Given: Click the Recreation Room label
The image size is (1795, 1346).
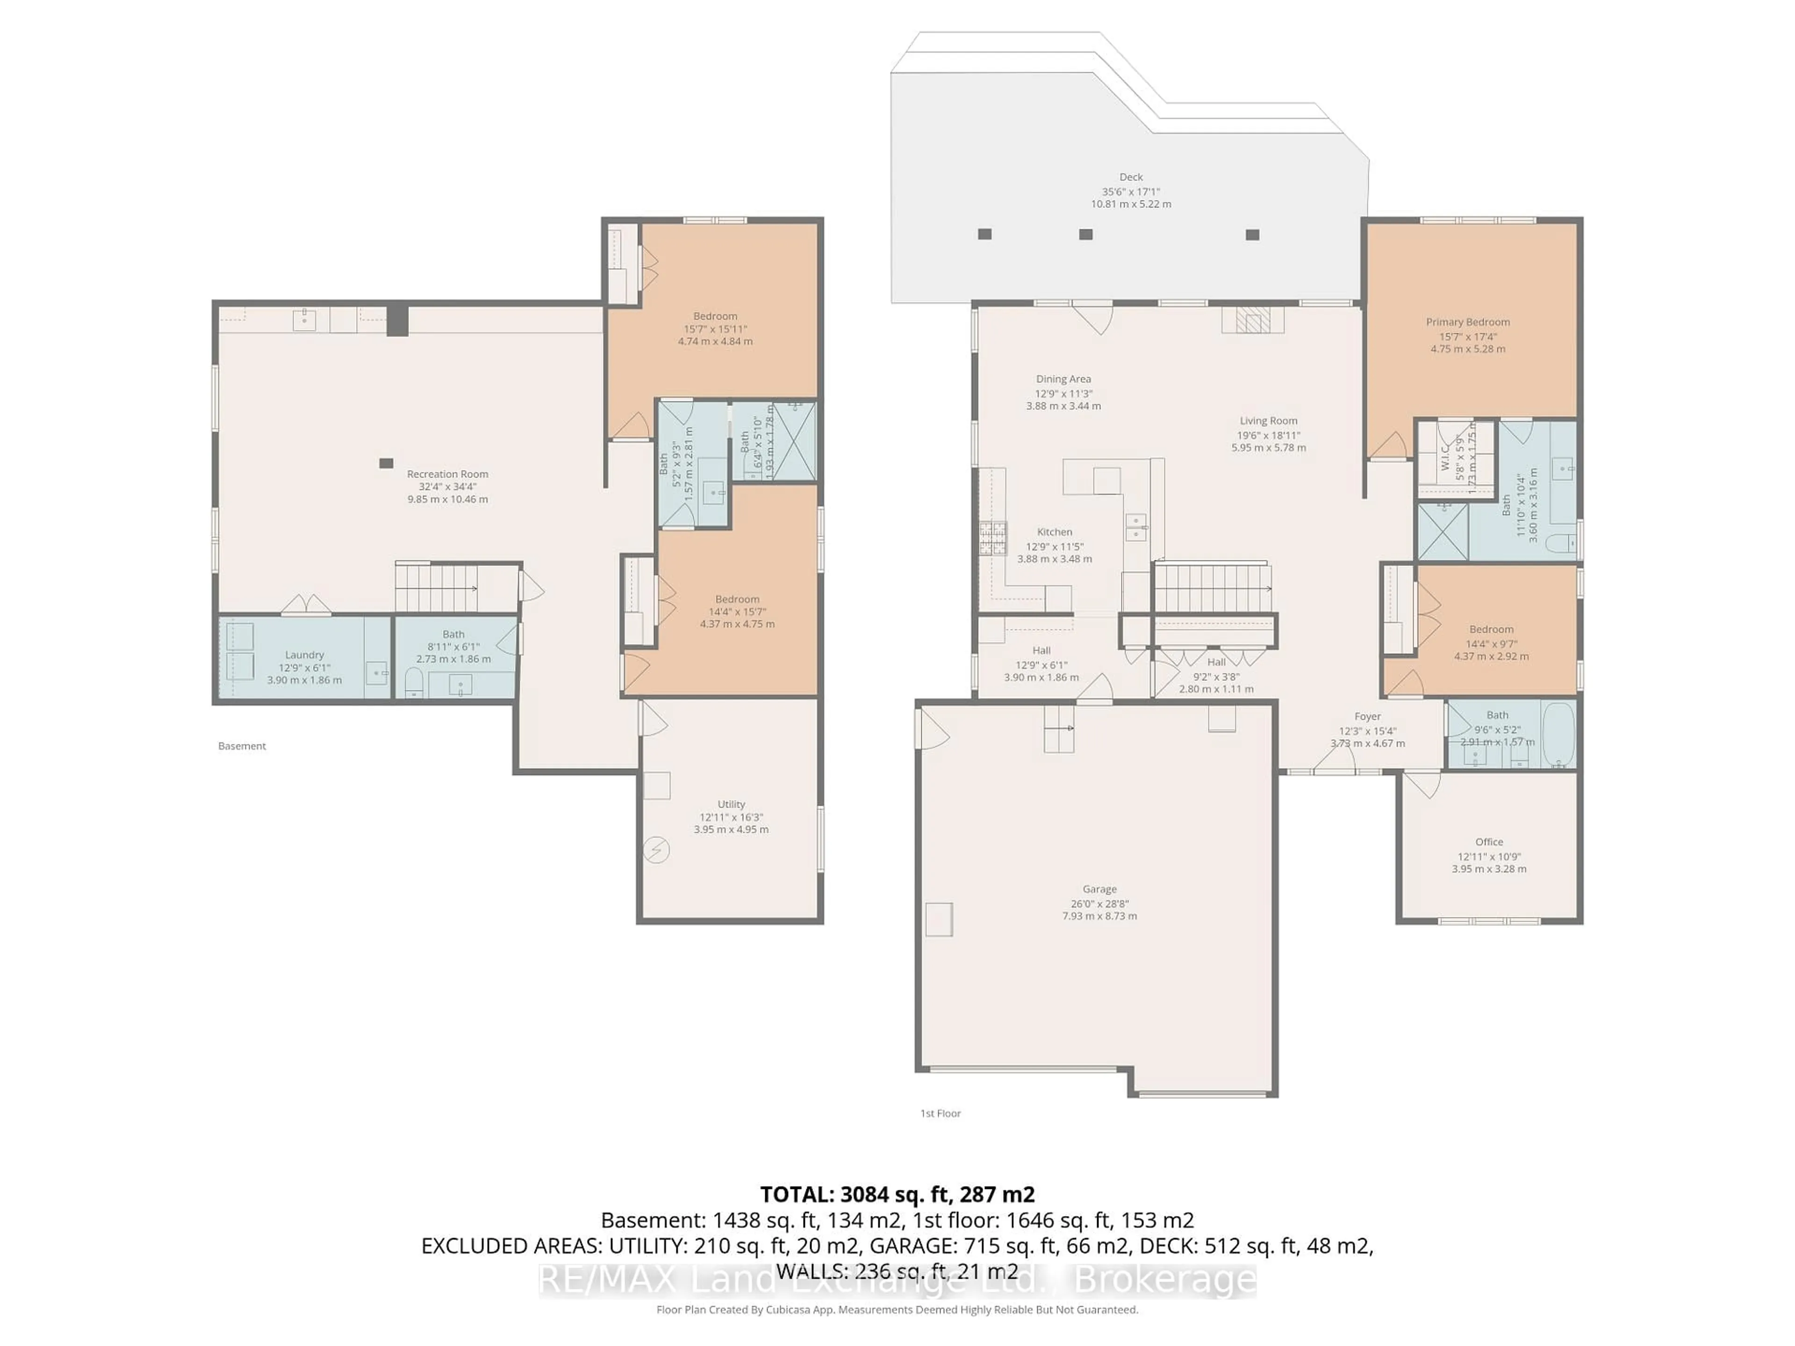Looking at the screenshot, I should coord(447,474).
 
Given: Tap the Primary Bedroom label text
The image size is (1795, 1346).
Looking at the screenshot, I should coord(1467,322).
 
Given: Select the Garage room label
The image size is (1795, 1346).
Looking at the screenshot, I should coord(1099,889).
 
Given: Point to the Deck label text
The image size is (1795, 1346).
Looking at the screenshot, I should coord(1130,177).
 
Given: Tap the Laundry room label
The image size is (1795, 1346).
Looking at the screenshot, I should coord(304,655).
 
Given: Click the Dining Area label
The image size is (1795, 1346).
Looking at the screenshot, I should coord(1063,379).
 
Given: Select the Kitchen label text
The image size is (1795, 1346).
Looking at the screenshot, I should coord(1054,532).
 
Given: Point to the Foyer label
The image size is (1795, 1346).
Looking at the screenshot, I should coord(1367,716).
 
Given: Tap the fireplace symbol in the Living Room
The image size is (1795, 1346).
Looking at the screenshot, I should coord(1252,321).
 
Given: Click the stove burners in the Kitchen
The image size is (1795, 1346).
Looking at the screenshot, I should coord(992,537).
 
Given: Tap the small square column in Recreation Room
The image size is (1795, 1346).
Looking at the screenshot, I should coord(386,463).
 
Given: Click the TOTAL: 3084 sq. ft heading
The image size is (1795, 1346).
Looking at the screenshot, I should coord(897,1194).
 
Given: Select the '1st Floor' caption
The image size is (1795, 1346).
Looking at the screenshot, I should coord(940,1113).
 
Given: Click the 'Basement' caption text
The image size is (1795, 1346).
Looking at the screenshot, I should coord(242,745).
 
